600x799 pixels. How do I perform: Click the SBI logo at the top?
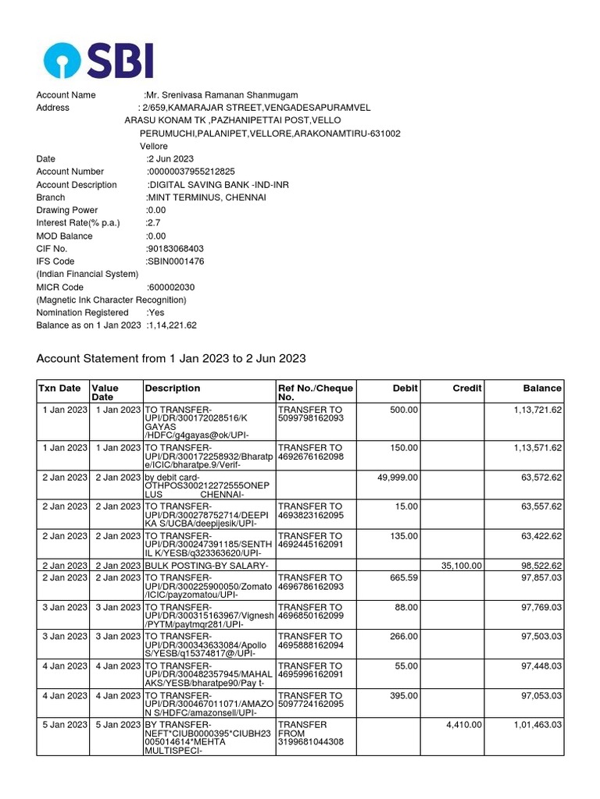98,60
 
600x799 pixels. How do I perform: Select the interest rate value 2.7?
152,223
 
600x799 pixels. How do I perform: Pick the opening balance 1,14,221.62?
171,325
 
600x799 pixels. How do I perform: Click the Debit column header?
406,388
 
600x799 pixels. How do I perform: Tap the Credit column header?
467,388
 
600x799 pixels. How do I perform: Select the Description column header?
173,388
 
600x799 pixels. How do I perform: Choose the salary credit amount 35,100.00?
462,566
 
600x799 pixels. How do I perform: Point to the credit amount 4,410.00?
465,725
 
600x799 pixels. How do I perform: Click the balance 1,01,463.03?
537,725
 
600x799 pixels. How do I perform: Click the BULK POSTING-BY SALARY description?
207,566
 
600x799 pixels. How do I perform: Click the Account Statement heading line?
171,359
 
